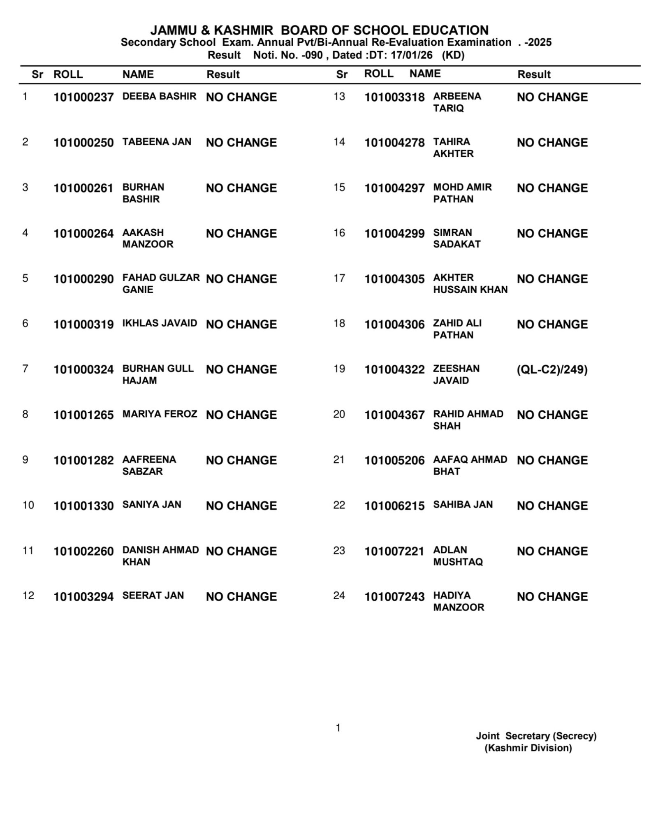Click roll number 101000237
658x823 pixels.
pyautogui.click(x=83, y=97)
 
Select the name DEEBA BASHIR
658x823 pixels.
pyautogui.click(x=159, y=96)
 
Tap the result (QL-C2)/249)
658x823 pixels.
pyautogui.click(x=552, y=370)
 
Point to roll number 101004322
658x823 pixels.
pyautogui.click(x=394, y=370)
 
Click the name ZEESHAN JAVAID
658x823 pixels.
pyautogui.click(x=456, y=374)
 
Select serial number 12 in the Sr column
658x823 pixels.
pyautogui.click(x=28, y=596)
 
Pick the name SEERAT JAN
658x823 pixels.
pyautogui.click(x=153, y=596)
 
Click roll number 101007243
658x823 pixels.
pyautogui.click(x=394, y=597)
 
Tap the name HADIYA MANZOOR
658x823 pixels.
pyautogui.click(x=458, y=601)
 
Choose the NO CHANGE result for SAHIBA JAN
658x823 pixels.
pyautogui.click(x=552, y=506)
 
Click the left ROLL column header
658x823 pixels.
pyautogui.click(x=68, y=74)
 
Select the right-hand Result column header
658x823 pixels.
pyautogui.click(x=534, y=74)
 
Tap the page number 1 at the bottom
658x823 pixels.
pyautogui.click(x=338, y=728)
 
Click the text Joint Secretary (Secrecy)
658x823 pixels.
pyautogui.click(x=536, y=736)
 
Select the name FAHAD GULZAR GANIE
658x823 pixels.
pyautogui.click(x=161, y=283)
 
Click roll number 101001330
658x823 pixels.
pyautogui.click(x=83, y=506)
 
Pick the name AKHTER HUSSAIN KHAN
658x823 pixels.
pyautogui.click(x=470, y=283)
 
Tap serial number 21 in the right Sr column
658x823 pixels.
pyautogui.click(x=339, y=459)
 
